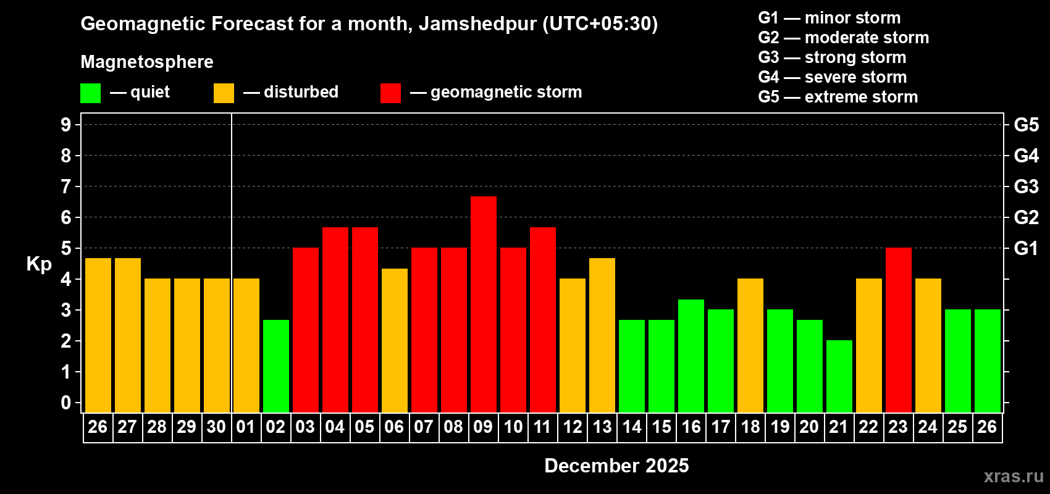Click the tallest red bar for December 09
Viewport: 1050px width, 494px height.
pos(484,304)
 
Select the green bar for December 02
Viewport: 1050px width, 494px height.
pos(276,366)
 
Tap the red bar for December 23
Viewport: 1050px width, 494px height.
pos(899,330)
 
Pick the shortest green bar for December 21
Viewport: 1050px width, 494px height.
pos(839,376)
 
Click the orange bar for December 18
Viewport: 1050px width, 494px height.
pos(750,345)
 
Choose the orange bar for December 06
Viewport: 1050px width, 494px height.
pos(395,340)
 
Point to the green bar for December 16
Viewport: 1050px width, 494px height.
pos(691,356)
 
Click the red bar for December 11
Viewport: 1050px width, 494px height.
pos(543,319)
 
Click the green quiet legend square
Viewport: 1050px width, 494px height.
pos(91,93)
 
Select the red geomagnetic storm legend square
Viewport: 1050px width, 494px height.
pos(390,93)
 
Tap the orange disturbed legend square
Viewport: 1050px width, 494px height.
pos(224,93)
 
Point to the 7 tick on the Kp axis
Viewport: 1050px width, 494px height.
pos(66,186)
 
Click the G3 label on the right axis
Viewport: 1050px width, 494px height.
pos(1026,186)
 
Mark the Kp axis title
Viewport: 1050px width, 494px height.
pos(39,264)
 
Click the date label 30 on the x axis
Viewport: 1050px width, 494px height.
pos(216,427)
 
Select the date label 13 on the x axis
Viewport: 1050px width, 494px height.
pos(602,427)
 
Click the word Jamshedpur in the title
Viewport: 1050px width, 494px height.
pos(477,23)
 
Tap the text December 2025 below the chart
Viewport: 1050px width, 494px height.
pos(616,466)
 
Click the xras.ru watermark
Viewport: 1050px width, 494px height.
pos(1013,476)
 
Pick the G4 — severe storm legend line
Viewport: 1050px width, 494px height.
pos(832,77)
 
